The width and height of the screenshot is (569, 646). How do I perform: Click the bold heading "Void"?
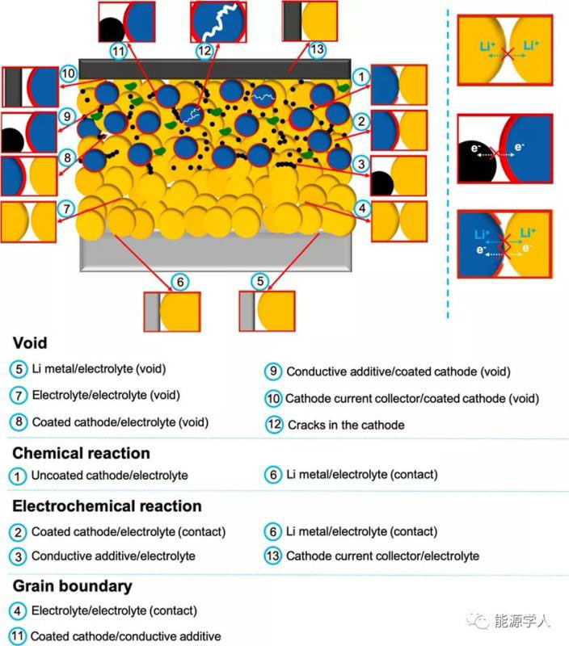click(30, 342)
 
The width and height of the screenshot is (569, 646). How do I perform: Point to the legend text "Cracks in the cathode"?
click(346, 425)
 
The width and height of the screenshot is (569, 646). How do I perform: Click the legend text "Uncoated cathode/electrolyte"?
click(109, 476)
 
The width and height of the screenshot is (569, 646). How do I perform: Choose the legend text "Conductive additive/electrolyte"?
click(112, 556)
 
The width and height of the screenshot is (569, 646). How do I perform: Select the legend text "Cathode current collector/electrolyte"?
click(382, 556)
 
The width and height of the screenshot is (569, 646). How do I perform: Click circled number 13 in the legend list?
click(273, 556)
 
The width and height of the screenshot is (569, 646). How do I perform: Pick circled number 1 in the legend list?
click(18, 476)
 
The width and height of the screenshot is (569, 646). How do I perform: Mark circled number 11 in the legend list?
click(18, 636)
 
